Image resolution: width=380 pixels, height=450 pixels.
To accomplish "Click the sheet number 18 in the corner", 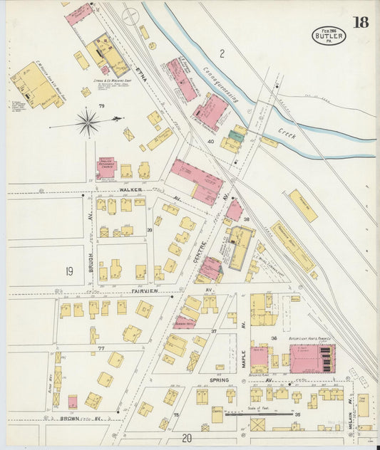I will (360, 21).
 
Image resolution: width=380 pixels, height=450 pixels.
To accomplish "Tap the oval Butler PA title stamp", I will (329, 36).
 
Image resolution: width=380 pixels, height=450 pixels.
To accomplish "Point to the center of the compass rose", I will (88, 122).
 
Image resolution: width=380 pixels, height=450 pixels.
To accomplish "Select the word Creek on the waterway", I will (287, 132).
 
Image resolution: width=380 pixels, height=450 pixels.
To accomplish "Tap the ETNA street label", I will (140, 71).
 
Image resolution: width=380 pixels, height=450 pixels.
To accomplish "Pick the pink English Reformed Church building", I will (106, 167).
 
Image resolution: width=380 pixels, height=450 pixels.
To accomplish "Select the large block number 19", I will (69, 271).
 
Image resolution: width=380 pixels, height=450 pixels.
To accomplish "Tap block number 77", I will (101, 348).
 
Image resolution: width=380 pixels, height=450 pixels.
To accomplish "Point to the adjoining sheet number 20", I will (187, 438).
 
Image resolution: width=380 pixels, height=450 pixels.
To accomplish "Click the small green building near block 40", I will (236, 136).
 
